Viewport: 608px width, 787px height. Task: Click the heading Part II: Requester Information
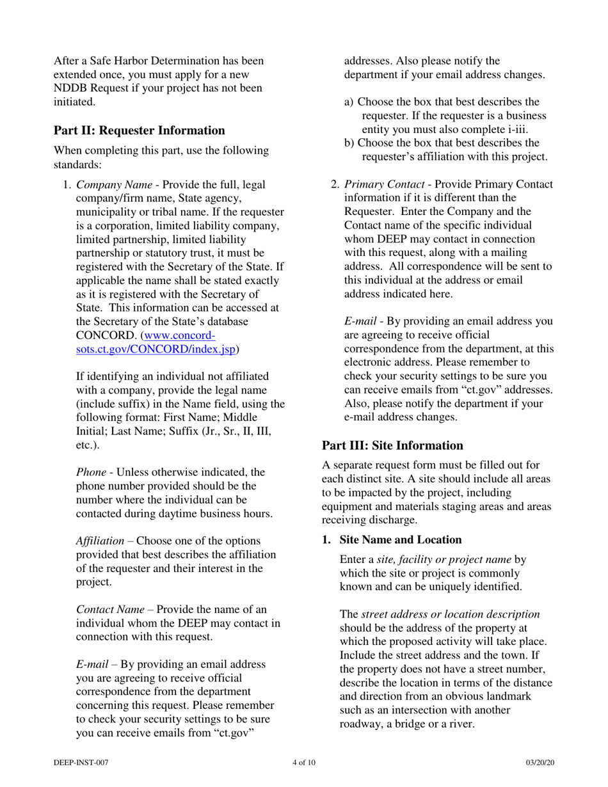tap(139, 131)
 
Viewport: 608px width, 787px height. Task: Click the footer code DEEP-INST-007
tap(79, 762)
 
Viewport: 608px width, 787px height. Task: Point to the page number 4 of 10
tap(303, 762)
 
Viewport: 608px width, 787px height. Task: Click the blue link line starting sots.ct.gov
tap(157, 349)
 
